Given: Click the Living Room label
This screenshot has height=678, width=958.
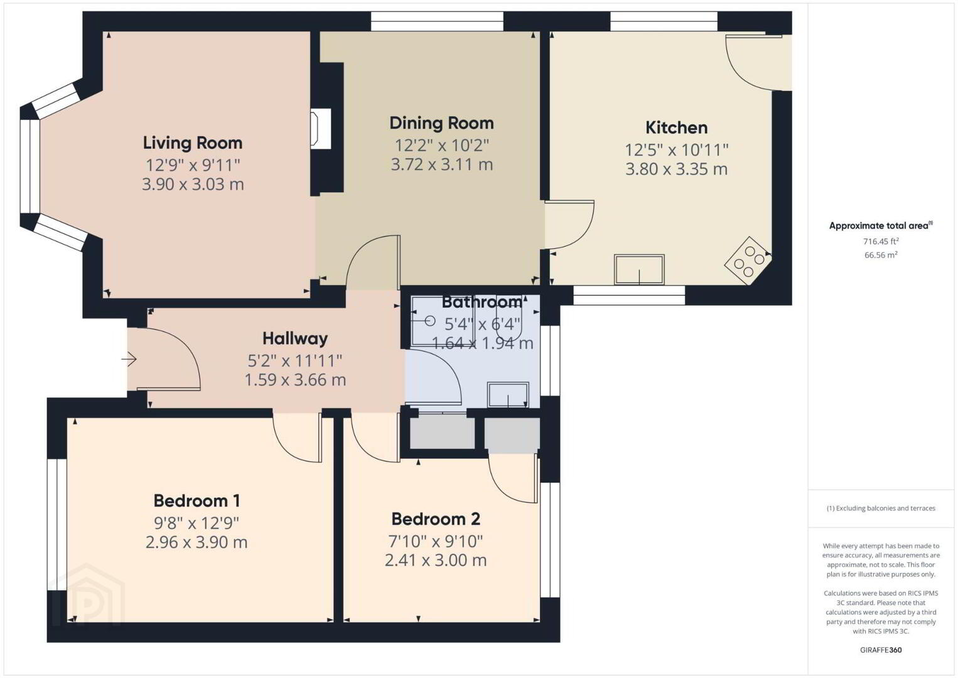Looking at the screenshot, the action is click(193, 143).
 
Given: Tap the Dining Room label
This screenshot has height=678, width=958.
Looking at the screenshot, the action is click(441, 123).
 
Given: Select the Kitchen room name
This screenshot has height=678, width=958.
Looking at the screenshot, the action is click(676, 127).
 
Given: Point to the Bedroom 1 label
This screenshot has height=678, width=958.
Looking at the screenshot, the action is click(196, 500).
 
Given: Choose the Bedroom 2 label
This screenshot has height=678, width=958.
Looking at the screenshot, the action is click(436, 519).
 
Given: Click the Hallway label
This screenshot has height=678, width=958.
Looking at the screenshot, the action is click(295, 338).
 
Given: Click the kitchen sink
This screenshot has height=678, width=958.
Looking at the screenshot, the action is click(639, 269).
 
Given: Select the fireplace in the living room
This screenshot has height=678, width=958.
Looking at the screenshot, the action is click(321, 129).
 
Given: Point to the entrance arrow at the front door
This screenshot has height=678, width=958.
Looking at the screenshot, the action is click(129, 359).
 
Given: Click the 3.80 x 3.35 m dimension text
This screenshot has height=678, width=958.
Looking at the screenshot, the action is click(676, 169).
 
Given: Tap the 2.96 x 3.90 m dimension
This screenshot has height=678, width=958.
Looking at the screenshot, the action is click(196, 542).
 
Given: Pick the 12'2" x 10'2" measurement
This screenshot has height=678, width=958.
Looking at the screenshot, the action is click(441, 146).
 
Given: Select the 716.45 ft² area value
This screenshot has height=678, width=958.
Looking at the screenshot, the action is click(881, 241).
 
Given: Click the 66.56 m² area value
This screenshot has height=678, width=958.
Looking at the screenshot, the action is click(881, 255).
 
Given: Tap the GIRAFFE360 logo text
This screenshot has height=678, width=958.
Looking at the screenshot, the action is click(881, 650).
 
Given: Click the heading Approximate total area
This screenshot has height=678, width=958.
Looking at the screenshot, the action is click(881, 225).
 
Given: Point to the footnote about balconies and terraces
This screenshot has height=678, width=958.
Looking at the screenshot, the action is click(881, 508).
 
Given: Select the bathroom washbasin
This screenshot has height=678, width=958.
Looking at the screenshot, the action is click(508, 394).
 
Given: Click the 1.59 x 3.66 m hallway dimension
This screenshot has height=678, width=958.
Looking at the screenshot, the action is click(295, 380).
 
